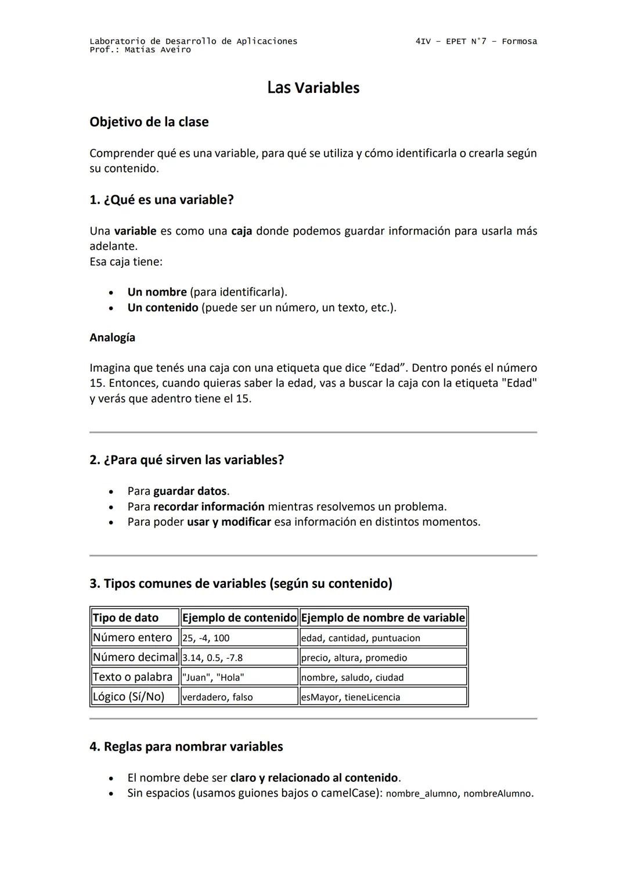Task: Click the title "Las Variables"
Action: [x=313, y=88]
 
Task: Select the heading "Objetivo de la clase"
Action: [x=149, y=122]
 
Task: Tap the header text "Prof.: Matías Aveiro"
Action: [x=140, y=50]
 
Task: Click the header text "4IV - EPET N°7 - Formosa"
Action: [x=476, y=41]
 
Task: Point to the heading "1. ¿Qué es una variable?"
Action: [x=161, y=200]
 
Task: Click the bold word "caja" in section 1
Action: [x=242, y=231]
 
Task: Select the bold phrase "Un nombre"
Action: [x=157, y=292]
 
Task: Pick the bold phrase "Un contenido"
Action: [x=163, y=307]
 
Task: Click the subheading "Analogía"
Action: [x=112, y=337]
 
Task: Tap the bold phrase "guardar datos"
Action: [x=190, y=491]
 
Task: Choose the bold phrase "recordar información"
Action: [x=208, y=507]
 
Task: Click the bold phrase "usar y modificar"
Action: [x=229, y=522]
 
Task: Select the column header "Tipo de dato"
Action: [x=125, y=617]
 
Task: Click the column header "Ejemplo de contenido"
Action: [x=239, y=617]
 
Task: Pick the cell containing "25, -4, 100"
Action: [x=206, y=638]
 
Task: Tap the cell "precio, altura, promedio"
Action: [x=354, y=658]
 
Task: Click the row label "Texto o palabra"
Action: [x=132, y=677]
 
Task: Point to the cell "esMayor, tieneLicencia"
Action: [x=350, y=697]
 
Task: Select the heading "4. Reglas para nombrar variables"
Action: [x=186, y=746]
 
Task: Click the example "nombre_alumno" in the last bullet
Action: [x=421, y=793]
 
